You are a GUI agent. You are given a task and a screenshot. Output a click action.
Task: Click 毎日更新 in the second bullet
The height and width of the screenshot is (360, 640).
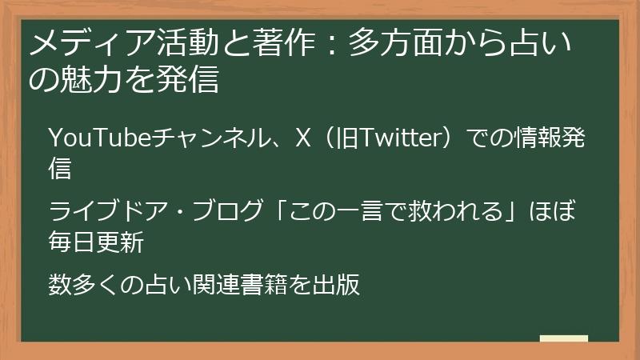[x=96, y=242]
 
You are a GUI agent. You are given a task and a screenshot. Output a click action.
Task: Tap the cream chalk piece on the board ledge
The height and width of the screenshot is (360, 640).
[x=563, y=338]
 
